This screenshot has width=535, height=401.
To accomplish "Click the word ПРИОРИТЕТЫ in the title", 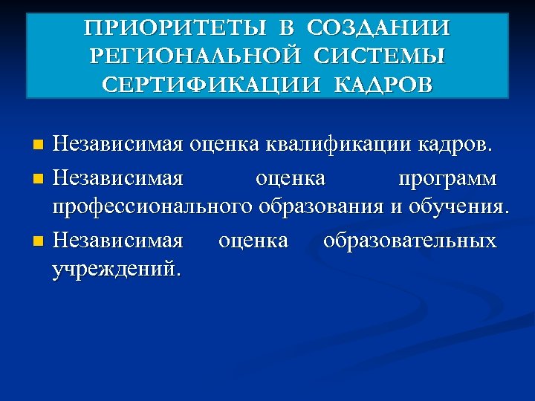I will pos(177,29).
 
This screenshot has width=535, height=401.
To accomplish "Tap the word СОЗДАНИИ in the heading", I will pos(378,29).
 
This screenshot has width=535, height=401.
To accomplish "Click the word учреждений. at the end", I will pos(116,267).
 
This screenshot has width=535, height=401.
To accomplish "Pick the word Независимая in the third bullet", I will pos(117,241).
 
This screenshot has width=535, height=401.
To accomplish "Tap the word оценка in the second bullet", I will pos(290,178).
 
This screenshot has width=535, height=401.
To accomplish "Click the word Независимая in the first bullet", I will pos(117,143).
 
